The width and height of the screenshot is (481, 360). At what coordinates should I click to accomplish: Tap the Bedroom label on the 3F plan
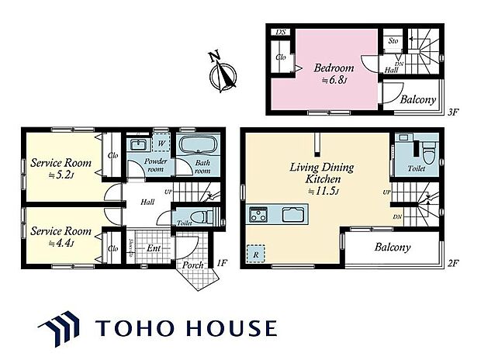pos(334,68)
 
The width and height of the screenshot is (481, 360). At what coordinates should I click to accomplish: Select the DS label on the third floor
pos(281,32)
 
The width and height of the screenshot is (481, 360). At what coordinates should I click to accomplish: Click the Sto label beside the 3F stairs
pos(393,40)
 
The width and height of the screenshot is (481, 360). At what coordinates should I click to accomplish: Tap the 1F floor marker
pos(221,264)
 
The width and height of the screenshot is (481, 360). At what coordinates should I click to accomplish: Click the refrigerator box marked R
pos(255,253)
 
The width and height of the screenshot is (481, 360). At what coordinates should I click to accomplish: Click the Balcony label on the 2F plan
pos(393,248)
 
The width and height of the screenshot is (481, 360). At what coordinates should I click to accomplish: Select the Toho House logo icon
pos(60,326)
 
